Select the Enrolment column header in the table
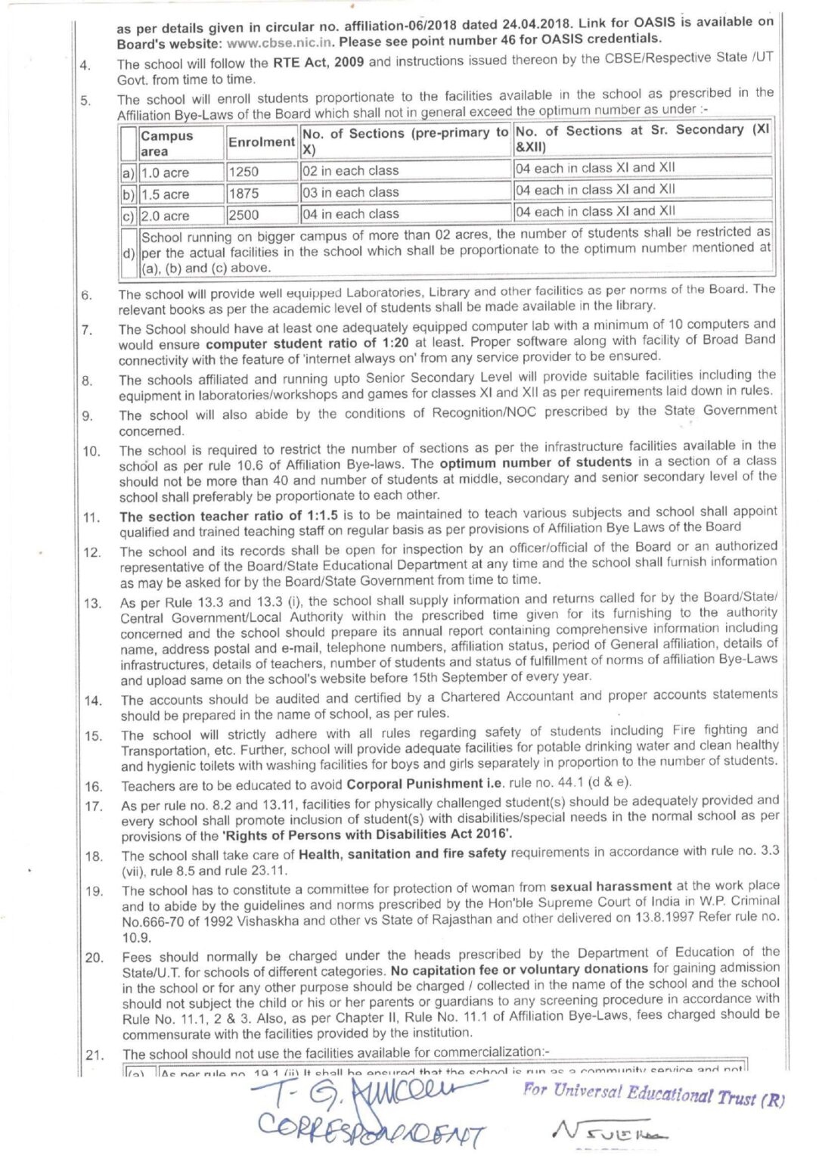click(x=261, y=142)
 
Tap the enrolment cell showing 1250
click(x=243, y=172)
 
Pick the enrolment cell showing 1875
click(x=243, y=194)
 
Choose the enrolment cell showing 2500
click(x=243, y=215)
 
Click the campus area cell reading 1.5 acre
click(x=165, y=194)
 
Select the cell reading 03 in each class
click(x=350, y=192)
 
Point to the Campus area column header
click(x=167, y=143)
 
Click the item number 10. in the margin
click(x=92, y=452)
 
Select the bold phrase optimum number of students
click(x=535, y=461)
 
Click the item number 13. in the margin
click(x=93, y=603)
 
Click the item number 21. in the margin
click(x=94, y=1054)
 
